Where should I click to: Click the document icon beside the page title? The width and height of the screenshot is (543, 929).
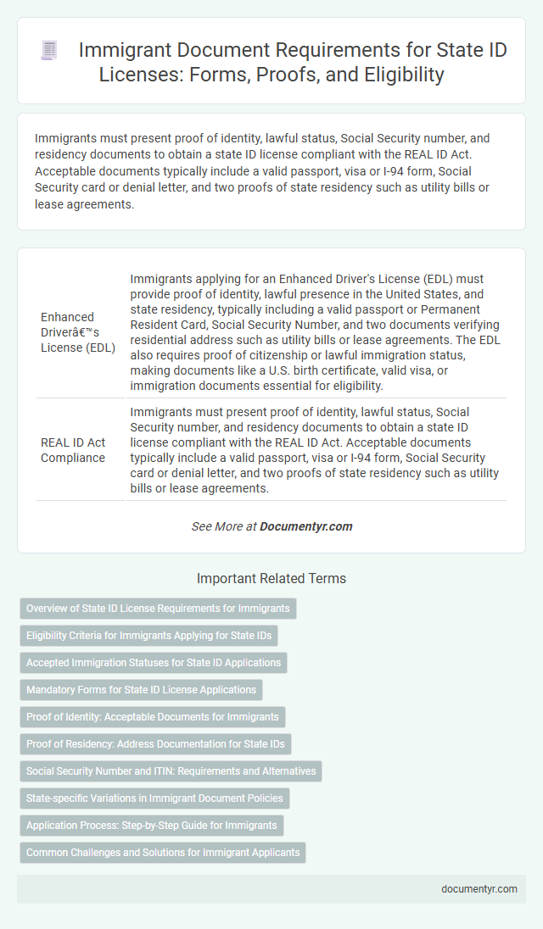click(x=49, y=51)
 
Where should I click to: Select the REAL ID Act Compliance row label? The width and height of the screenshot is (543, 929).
click(x=73, y=449)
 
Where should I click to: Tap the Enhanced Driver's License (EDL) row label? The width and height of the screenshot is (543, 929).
click(x=78, y=331)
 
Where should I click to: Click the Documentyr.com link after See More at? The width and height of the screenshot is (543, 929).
click(x=305, y=526)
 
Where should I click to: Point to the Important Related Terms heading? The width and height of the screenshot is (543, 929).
click(x=271, y=579)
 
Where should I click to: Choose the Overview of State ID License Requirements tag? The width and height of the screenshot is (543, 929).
click(x=158, y=609)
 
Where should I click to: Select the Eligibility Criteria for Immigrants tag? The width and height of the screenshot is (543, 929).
click(x=148, y=636)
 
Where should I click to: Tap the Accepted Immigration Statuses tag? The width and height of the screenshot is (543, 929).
click(x=153, y=663)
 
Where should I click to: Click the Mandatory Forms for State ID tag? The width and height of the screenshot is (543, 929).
click(x=141, y=690)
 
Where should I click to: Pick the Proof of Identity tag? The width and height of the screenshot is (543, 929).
click(x=152, y=717)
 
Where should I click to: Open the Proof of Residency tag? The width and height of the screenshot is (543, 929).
click(x=155, y=744)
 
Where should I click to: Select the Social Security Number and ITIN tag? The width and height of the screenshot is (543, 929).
click(x=171, y=771)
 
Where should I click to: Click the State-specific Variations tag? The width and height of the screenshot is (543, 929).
click(x=154, y=798)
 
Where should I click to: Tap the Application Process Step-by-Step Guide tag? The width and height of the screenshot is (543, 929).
click(x=151, y=826)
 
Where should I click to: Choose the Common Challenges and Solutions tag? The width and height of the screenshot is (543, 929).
click(x=162, y=853)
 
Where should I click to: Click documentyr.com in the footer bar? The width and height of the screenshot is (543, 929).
click(x=479, y=889)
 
